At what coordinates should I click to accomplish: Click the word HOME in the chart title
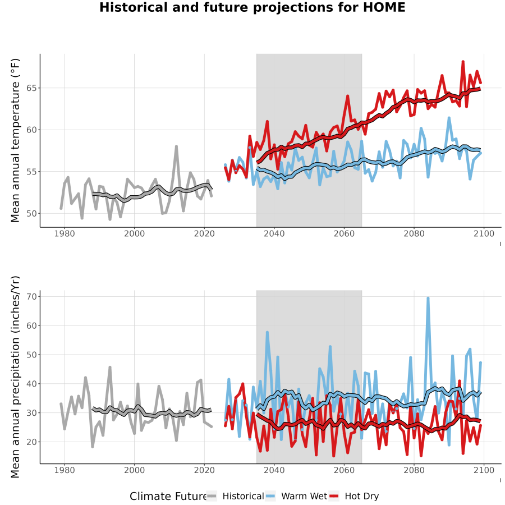coord(384,7)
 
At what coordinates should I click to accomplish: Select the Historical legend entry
coord(235,496)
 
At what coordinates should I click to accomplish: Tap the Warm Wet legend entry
coord(296,496)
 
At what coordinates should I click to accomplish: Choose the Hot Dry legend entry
coord(354,496)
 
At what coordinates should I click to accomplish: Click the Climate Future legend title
coord(168,497)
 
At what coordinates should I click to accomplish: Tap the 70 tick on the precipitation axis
coord(31,296)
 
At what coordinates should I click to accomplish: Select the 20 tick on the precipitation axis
coord(31,442)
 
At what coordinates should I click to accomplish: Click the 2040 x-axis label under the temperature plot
coord(274,233)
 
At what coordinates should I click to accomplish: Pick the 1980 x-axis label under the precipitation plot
coord(65,470)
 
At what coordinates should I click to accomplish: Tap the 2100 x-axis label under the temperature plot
coord(484,233)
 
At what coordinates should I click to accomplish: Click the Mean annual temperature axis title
coord(15,140)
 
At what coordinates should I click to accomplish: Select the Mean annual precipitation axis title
coord(15,377)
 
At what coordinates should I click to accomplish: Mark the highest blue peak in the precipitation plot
coord(428,298)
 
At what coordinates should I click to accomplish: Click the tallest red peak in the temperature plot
coord(463,61)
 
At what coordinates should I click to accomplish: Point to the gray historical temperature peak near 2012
coord(177,146)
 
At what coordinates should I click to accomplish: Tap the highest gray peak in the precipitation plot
coord(110,367)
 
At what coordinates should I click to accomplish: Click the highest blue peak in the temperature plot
coord(449,118)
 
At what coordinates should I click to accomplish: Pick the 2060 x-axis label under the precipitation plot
coord(344,470)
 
